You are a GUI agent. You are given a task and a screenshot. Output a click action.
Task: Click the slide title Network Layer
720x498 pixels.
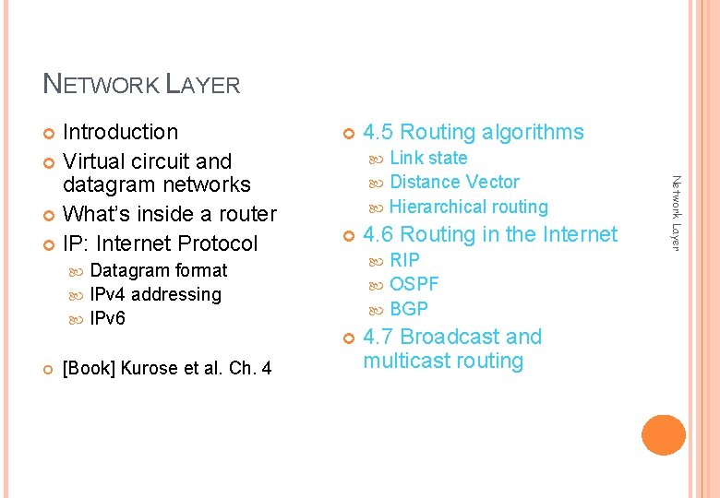(x=141, y=85)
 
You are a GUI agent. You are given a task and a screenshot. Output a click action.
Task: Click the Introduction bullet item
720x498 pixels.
(x=120, y=133)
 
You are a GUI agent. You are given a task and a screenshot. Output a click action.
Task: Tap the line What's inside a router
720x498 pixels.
(x=169, y=214)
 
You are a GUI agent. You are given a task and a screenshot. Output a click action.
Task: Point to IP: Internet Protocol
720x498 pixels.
(x=160, y=243)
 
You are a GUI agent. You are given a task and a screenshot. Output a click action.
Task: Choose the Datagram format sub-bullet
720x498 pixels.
(x=158, y=270)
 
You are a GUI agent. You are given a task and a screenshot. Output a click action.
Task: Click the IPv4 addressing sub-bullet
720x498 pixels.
(x=155, y=294)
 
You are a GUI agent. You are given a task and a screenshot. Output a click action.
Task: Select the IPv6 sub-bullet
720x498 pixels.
(x=107, y=318)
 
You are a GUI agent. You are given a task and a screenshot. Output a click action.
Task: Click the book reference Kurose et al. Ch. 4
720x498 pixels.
(x=166, y=369)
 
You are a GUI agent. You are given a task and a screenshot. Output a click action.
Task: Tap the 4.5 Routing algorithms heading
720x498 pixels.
(x=473, y=133)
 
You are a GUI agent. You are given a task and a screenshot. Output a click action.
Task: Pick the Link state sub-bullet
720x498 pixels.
(x=428, y=158)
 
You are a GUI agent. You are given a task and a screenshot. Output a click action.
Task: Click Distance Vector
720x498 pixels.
(x=454, y=182)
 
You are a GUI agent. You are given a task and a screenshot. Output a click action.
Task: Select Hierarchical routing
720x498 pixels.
(x=468, y=207)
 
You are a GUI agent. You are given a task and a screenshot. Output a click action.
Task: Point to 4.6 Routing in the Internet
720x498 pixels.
(x=489, y=235)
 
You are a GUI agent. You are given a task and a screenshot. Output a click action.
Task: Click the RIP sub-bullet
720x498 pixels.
(x=404, y=260)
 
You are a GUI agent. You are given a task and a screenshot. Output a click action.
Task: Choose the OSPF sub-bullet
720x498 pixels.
(x=414, y=284)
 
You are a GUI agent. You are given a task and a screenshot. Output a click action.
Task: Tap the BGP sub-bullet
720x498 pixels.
(x=409, y=309)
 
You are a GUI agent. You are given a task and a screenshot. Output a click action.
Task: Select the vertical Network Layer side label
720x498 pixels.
(x=675, y=212)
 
